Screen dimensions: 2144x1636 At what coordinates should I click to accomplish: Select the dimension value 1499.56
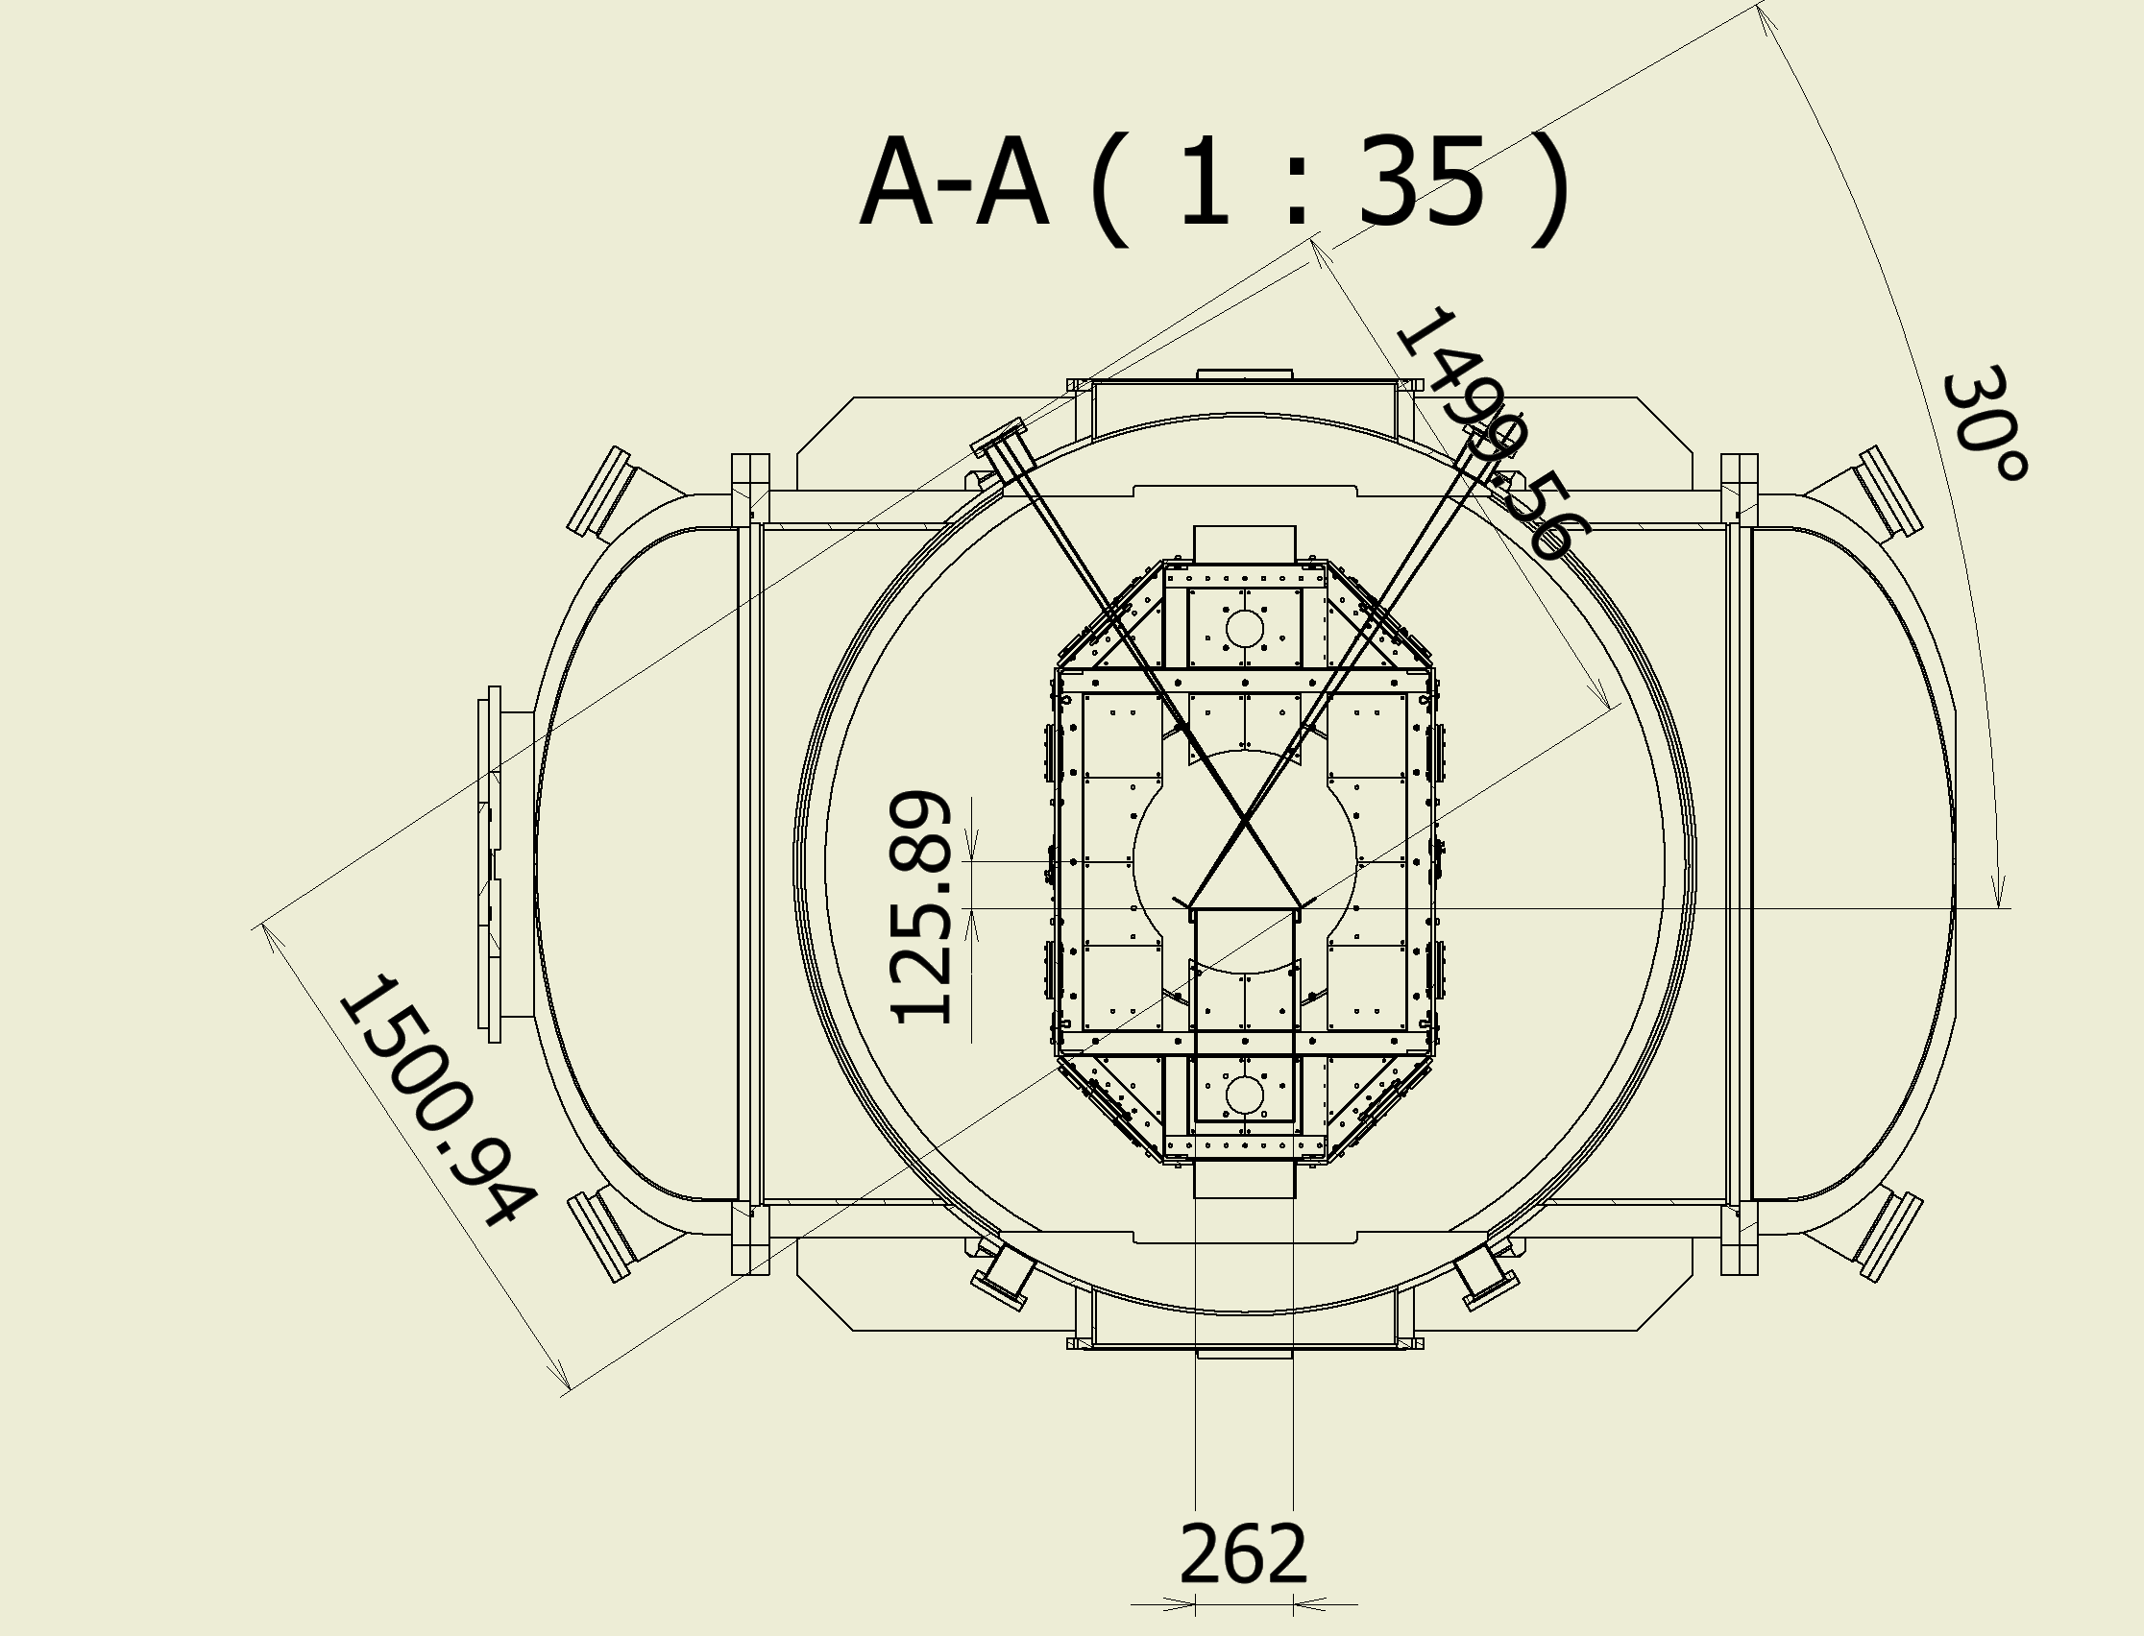click(x=1494, y=433)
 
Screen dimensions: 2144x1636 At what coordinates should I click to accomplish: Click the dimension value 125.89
click(x=921, y=908)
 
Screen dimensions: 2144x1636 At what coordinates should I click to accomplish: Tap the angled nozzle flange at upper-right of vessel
click(x=1887, y=493)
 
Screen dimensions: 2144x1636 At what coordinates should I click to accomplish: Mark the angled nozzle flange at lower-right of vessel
click(x=1887, y=1237)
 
